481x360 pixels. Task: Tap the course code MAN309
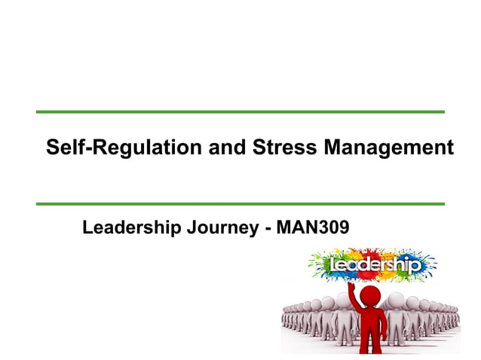(313, 226)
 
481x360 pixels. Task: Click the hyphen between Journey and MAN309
(268, 227)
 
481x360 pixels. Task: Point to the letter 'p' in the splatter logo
(413, 267)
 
